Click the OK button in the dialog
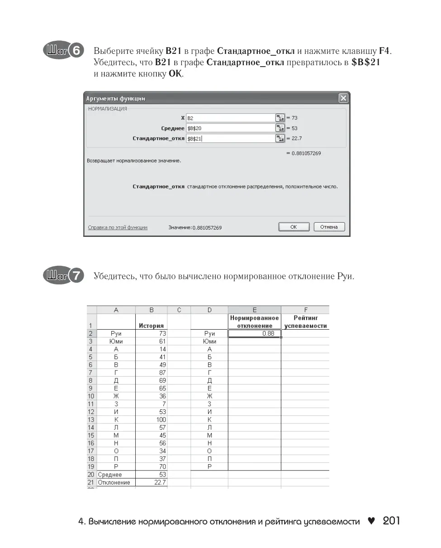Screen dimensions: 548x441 tap(294, 227)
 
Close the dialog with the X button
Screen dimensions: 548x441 tap(343, 98)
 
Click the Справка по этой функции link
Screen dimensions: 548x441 tap(118, 227)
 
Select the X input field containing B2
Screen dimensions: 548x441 tap(230, 118)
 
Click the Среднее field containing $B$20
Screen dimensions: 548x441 tap(230, 128)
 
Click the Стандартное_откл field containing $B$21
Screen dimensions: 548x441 tap(230, 139)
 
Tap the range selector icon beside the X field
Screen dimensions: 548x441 tap(280, 118)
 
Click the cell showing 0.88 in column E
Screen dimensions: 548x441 tap(254, 334)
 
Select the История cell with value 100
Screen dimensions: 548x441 tap(151, 420)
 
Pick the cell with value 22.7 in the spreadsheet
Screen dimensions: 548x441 tap(151, 482)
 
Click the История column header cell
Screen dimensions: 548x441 tap(151, 325)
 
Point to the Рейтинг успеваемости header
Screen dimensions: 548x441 tap(305, 322)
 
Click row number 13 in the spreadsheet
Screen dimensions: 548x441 tap(91, 420)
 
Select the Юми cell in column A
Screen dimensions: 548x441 tap(116, 341)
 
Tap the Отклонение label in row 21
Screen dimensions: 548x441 tap(114, 482)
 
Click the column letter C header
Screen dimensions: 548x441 tap(179, 310)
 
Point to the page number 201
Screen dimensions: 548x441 tap(391, 521)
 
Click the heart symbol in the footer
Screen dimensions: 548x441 tap(371, 521)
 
